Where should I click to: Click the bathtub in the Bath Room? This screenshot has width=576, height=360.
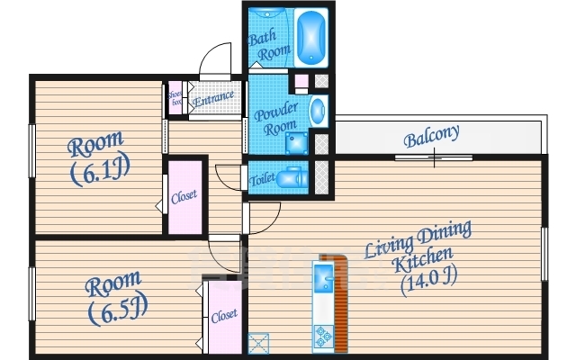click(311, 38)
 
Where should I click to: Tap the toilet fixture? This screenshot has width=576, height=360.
click(292, 178)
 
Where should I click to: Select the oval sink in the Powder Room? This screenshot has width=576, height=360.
click(318, 110)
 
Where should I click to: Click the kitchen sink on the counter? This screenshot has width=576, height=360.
click(324, 278)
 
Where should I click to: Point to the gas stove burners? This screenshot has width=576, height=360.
click(324, 337)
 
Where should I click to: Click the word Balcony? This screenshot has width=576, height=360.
click(431, 136)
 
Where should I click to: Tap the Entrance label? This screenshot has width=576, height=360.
click(213, 98)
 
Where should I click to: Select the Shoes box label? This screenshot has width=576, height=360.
click(175, 98)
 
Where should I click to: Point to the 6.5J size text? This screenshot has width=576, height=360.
click(118, 310)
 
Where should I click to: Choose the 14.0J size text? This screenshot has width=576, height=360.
click(429, 281)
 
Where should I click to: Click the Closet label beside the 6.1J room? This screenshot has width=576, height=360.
click(184, 196)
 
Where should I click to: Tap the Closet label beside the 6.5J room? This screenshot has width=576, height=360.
click(224, 316)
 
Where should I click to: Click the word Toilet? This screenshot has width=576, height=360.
click(262, 179)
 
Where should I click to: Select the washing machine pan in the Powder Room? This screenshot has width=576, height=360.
click(297, 143)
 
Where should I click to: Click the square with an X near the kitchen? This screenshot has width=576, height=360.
click(258, 344)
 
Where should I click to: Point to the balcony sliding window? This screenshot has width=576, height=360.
click(434, 158)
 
